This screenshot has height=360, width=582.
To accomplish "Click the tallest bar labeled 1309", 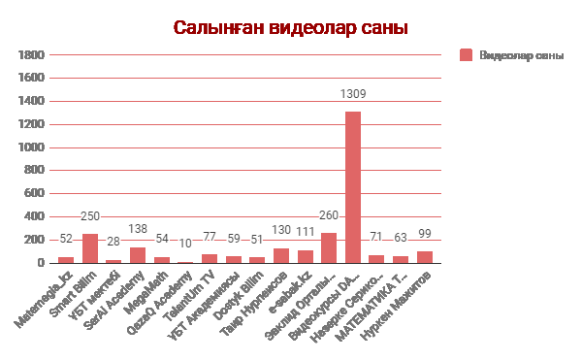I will (x=353, y=186).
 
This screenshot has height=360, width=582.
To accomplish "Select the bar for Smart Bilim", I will (x=90, y=248).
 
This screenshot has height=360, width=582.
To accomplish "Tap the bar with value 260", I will (x=329, y=247).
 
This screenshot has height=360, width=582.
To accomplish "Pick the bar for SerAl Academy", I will (x=138, y=254).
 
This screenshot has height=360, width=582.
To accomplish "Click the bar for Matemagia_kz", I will (x=66, y=259).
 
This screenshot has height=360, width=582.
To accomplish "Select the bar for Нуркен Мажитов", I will (x=425, y=256).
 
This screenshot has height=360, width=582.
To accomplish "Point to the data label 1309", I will (x=353, y=94).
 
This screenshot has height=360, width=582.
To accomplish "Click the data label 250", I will (x=90, y=216).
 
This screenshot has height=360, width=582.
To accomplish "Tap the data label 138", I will (x=138, y=229).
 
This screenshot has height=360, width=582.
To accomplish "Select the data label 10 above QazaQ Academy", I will (x=185, y=244).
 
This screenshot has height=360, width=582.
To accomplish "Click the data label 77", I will (x=210, y=237).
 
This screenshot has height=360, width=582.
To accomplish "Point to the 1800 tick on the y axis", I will (x=32, y=54).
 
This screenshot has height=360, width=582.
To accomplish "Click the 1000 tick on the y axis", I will (x=32, y=147).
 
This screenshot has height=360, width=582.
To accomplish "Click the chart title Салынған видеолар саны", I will (x=291, y=28).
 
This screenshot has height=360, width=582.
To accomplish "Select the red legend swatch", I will (x=466, y=54).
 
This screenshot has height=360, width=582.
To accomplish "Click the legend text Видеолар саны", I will (x=521, y=54).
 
